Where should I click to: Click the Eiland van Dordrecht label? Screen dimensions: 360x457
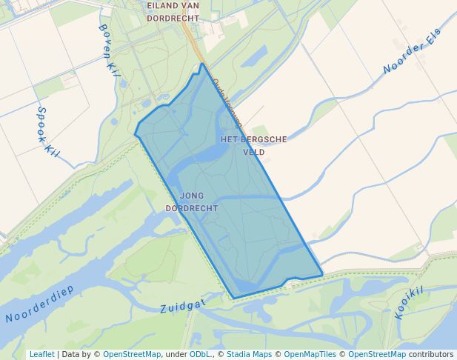pos(173,12)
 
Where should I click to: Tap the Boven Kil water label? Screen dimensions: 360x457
pos(109,50)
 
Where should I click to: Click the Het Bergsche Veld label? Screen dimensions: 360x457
pos(253,145)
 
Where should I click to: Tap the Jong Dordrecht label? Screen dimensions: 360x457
pos(191,202)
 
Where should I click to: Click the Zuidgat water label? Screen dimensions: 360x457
pos(182,305)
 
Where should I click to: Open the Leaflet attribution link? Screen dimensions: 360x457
pos(41,354)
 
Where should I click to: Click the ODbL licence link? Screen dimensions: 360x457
pos(200,354)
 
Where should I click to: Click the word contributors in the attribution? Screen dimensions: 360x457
pos(431,354)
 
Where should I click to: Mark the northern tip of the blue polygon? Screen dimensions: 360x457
pos(201,64)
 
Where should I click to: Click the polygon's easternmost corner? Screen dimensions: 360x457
pos(322,275)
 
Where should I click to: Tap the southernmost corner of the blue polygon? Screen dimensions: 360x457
pos(234,299)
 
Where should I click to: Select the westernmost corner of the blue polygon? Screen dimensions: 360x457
pos(135,134)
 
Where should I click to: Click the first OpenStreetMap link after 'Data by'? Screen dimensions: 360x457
pos(132,354)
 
